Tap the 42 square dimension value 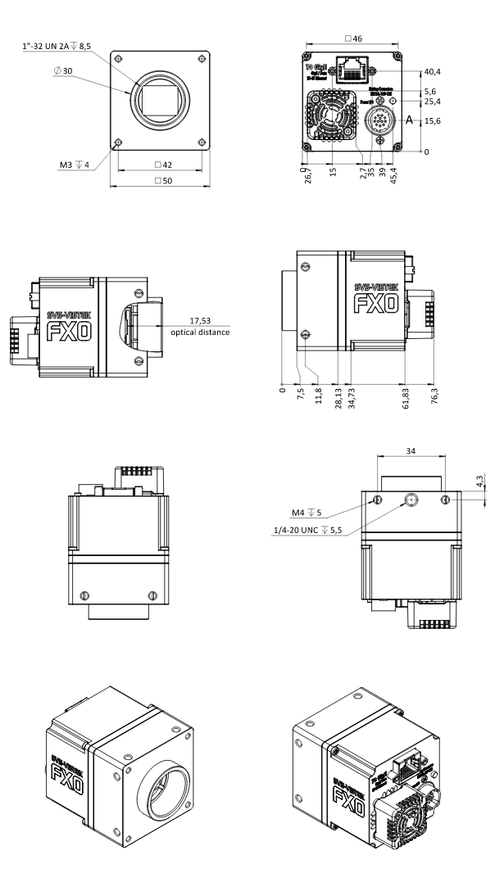coord(161,164)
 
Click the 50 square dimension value coord(161,180)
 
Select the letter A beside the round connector coord(409,120)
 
